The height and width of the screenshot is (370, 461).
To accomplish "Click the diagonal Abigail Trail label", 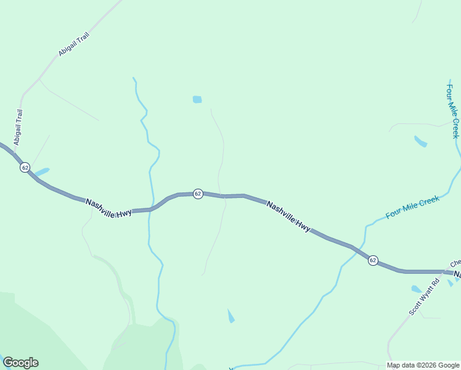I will click(x=74, y=46).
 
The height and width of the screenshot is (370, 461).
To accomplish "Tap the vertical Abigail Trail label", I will click(x=18, y=126).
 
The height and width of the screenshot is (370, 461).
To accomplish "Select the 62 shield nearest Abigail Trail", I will click(x=25, y=167).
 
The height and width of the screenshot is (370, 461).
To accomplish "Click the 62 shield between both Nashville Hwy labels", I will click(x=198, y=194).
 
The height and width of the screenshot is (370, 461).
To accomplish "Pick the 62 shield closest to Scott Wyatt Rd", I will click(x=373, y=260).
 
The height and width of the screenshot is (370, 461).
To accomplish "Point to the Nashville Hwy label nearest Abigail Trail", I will click(x=108, y=208).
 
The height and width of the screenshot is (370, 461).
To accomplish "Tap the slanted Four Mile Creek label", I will click(x=412, y=207).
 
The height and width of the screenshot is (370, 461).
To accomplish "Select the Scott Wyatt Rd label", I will click(x=424, y=298).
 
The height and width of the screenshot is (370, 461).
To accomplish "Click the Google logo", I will click(x=20, y=363).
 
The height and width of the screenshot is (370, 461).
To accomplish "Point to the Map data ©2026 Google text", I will click(x=423, y=365).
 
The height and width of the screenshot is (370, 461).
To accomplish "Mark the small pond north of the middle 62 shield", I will click(x=197, y=99).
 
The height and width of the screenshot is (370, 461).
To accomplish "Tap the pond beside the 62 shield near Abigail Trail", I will click(x=42, y=171).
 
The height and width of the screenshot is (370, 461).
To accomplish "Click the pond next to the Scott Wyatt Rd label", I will click(x=417, y=289).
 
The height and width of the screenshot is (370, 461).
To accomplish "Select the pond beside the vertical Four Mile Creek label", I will click(x=421, y=141).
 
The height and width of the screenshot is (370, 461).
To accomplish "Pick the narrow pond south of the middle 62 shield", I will click(x=230, y=316).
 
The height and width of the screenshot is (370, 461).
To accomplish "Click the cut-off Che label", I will click(x=455, y=263).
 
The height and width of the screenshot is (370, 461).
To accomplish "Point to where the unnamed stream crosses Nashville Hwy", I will click(x=150, y=210).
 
